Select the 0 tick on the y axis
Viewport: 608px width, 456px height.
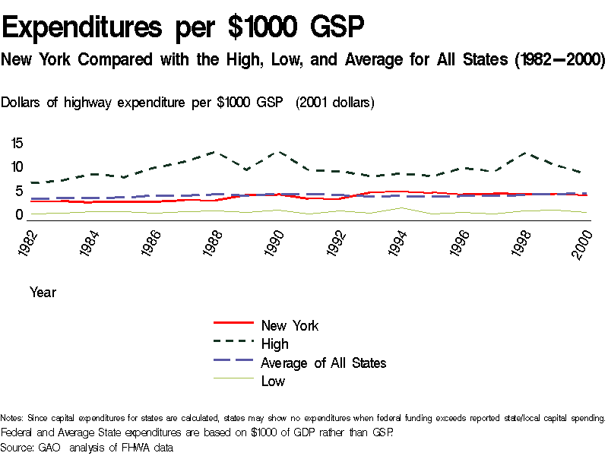click(21, 215)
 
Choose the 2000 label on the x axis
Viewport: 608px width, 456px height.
click(583, 242)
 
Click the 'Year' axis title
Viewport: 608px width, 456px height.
click(43, 292)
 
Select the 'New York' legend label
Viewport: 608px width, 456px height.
click(290, 325)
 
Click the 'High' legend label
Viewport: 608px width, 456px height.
click(274, 344)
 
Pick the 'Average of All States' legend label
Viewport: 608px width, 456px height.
click(323, 363)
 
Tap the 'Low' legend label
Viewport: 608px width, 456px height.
click(273, 381)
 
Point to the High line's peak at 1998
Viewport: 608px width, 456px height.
click(522, 153)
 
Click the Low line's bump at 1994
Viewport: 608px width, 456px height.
click(401, 207)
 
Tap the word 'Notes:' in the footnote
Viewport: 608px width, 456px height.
click(12, 418)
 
